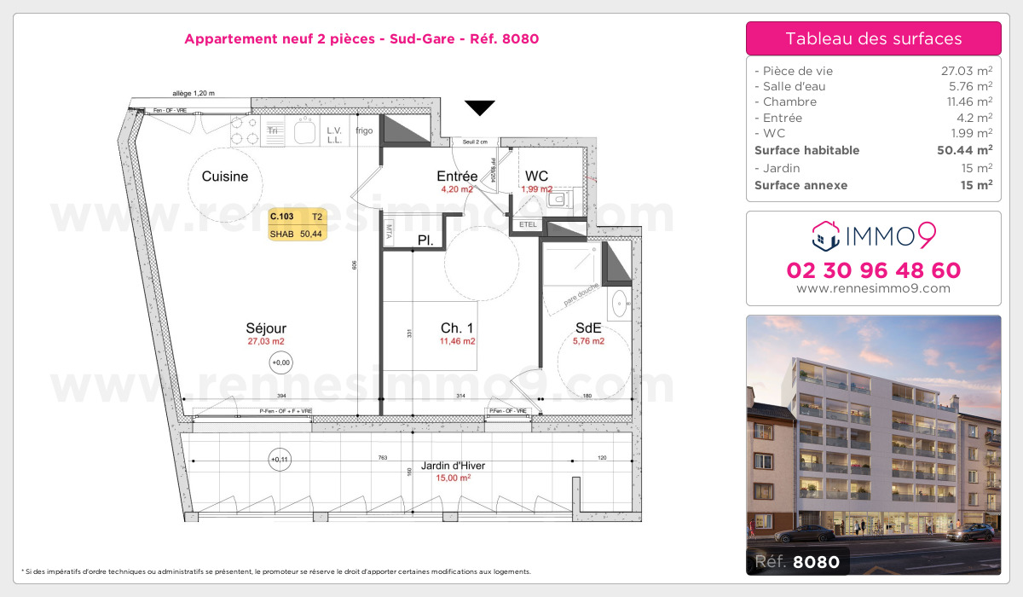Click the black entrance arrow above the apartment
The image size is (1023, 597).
(x=480, y=107)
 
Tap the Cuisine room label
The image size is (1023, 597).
(x=225, y=177)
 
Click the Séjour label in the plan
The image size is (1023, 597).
(x=266, y=328)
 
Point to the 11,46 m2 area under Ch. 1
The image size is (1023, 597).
(x=457, y=341)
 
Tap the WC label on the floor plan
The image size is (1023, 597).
(x=536, y=176)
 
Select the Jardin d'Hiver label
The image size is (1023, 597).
(x=453, y=467)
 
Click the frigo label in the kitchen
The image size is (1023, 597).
(x=364, y=131)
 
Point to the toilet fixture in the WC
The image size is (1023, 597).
(x=559, y=200)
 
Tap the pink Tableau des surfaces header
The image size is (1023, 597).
(x=873, y=38)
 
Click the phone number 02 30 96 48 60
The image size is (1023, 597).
(x=873, y=271)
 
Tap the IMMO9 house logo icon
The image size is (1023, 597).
(x=826, y=234)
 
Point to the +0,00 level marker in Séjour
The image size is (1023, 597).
(x=280, y=363)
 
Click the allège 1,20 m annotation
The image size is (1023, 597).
(x=194, y=94)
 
